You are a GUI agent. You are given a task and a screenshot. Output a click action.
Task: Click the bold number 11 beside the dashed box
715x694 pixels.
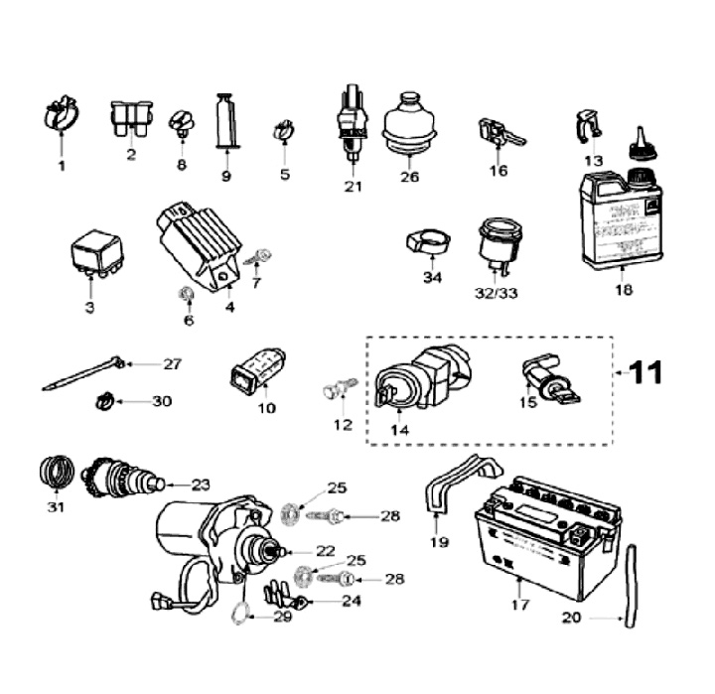[x=643, y=372]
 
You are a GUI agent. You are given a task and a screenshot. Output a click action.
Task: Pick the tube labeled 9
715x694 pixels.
[x=225, y=121]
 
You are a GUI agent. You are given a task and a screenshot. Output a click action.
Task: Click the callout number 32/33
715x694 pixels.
[x=497, y=293]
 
